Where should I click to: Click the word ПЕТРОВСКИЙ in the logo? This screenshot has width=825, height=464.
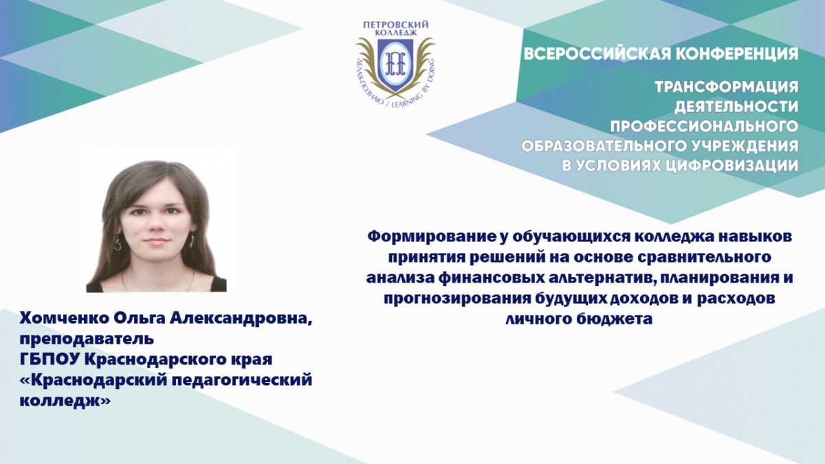(x=395, y=25)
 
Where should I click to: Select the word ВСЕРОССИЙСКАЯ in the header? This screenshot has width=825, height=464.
(x=595, y=54)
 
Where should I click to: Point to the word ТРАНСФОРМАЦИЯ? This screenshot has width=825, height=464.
(x=727, y=87)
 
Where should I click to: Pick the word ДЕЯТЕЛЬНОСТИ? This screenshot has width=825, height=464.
(x=736, y=107)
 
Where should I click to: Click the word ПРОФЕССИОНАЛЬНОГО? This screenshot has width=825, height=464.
(x=705, y=126)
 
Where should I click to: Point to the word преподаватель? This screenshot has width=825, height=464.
(x=87, y=339)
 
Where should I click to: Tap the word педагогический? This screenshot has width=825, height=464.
(x=242, y=380)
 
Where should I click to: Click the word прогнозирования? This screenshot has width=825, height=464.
(x=456, y=298)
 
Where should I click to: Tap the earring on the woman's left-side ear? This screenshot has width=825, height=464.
(x=118, y=243)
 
